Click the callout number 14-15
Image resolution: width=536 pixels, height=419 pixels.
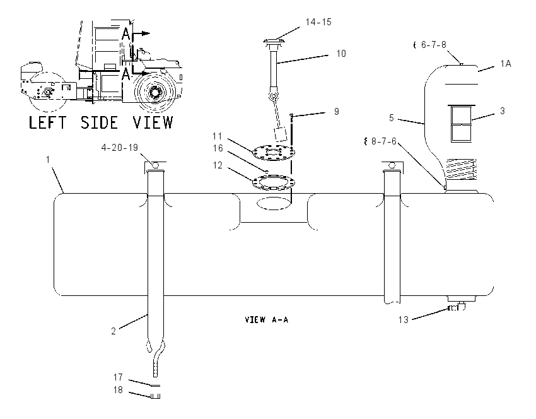[318, 22]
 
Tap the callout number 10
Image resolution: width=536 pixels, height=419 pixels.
[341, 54]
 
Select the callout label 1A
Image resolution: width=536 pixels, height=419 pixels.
[506, 64]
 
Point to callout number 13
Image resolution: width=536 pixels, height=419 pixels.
[404, 320]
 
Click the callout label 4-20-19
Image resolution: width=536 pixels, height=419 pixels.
[120, 148]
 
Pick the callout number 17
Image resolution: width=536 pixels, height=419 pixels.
[118, 377]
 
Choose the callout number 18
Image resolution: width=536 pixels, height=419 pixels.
[118, 390]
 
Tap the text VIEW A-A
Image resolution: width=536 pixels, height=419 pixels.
[267, 320]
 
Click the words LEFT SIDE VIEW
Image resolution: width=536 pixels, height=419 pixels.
[101, 122]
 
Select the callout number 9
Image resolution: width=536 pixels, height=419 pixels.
[337, 112]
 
